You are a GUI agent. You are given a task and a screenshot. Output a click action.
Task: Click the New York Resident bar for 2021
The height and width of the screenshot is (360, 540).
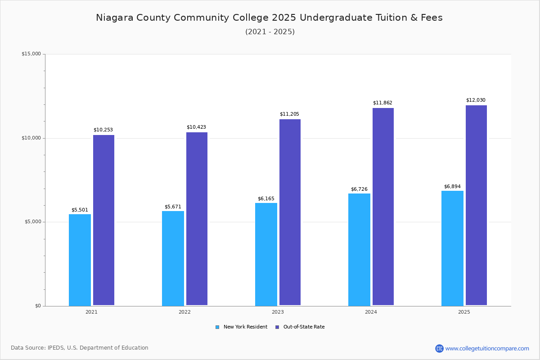point(80,260)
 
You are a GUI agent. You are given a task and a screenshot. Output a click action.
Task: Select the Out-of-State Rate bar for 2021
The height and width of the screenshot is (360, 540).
point(103,220)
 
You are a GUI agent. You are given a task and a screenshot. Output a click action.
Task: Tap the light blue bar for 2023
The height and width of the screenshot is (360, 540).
point(266,254)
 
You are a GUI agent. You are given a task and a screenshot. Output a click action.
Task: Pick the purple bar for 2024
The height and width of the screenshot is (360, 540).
point(383,207)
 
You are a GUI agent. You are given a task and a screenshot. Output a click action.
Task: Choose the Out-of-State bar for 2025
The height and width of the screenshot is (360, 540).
point(476,205)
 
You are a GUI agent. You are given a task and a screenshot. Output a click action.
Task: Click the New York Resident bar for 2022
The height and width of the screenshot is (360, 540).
point(173,258)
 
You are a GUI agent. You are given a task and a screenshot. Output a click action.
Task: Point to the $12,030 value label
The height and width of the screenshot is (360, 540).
point(476,100)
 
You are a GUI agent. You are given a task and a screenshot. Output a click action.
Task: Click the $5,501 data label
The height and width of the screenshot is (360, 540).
point(80,210)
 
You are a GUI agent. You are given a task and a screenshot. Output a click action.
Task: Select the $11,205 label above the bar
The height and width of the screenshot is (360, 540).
point(289,114)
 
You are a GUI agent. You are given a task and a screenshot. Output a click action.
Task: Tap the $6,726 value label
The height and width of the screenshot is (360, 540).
point(359,189)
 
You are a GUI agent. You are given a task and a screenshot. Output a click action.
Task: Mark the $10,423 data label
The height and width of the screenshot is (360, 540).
point(196,127)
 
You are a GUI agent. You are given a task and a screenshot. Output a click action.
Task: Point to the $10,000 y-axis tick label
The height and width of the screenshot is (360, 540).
point(31,138)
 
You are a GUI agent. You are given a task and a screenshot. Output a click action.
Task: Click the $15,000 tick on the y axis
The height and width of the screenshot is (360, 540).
point(31,54)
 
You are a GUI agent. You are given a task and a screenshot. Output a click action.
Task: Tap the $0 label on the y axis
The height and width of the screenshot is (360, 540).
point(38,306)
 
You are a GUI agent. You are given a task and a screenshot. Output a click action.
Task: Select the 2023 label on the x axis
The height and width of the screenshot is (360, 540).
point(278,312)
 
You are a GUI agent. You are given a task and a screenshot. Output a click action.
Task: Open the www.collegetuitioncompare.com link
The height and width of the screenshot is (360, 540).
point(487,348)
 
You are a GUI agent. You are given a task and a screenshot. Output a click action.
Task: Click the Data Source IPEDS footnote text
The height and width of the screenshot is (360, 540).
point(80,348)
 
